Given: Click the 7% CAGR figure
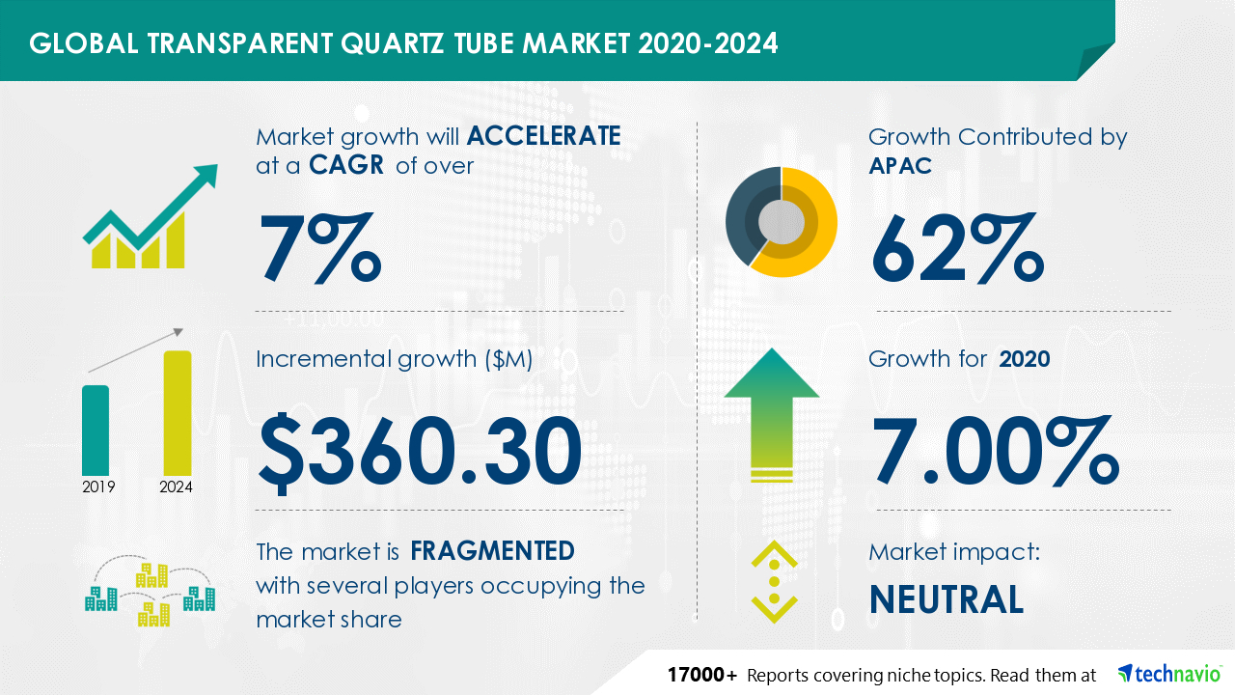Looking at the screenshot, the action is [x=320, y=248].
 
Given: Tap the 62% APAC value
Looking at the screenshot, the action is [x=958, y=248].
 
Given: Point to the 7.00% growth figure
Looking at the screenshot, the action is [x=996, y=450].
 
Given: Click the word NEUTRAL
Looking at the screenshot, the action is [x=947, y=599].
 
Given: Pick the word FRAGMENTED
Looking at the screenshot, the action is [x=492, y=551].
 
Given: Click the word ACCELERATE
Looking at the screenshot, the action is [x=543, y=136].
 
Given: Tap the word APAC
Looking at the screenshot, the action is [x=900, y=165].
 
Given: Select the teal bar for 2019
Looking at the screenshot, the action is [x=96, y=431].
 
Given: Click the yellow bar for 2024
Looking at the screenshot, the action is [x=178, y=413].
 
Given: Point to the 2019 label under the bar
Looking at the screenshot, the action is [x=98, y=487].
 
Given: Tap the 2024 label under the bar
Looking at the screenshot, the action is [x=176, y=487].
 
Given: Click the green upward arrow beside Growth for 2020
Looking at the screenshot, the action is [x=772, y=414].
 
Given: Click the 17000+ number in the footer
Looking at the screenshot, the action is [x=701, y=675].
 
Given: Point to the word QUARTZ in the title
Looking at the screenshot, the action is [x=392, y=43].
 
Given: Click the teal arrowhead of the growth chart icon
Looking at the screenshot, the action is [x=206, y=178].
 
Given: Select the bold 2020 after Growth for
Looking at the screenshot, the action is [x=1025, y=359].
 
